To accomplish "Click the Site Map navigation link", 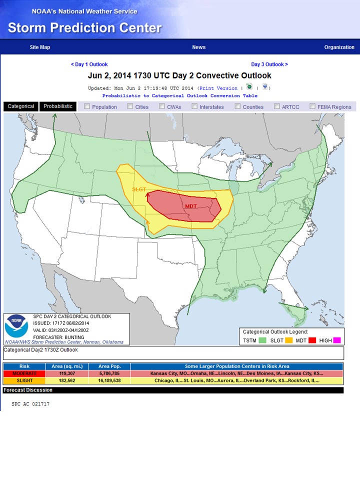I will click(x=40, y=47).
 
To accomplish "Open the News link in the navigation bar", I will click(x=198, y=47).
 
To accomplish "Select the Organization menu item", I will click(x=339, y=47).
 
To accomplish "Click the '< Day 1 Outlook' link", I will click(x=89, y=64).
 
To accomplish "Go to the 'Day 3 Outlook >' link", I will click(x=269, y=64).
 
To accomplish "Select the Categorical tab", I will click(x=21, y=106).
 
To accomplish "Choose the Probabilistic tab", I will click(x=58, y=106).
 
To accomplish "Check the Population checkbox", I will click(x=87, y=106).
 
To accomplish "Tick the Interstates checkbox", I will click(x=194, y=106).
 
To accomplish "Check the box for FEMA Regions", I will click(x=312, y=106).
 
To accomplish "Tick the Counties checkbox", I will click(x=238, y=106).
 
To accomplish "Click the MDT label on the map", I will click(x=191, y=206).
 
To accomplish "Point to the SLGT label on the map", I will click(x=139, y=189).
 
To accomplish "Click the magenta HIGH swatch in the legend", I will click(x=337, y=340).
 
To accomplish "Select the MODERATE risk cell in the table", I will click(x=24, y=373).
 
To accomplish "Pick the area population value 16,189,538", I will click(x=109, y=380).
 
